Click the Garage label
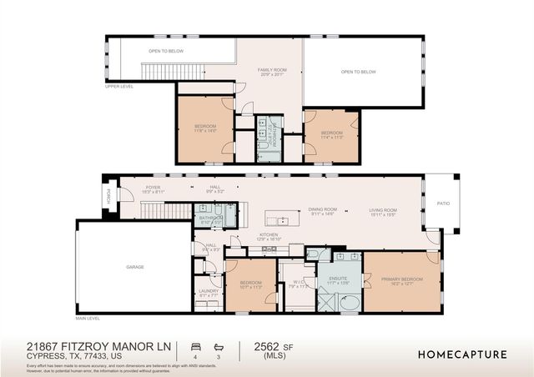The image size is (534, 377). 135,267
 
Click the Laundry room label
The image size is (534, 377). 209,293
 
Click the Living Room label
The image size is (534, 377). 384,211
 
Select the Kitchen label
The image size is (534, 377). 268,237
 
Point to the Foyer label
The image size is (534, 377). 153,188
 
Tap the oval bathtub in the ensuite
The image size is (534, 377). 349,302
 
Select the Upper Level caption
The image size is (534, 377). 119,86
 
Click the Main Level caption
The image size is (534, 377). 88,319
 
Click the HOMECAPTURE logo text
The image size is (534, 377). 462,354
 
